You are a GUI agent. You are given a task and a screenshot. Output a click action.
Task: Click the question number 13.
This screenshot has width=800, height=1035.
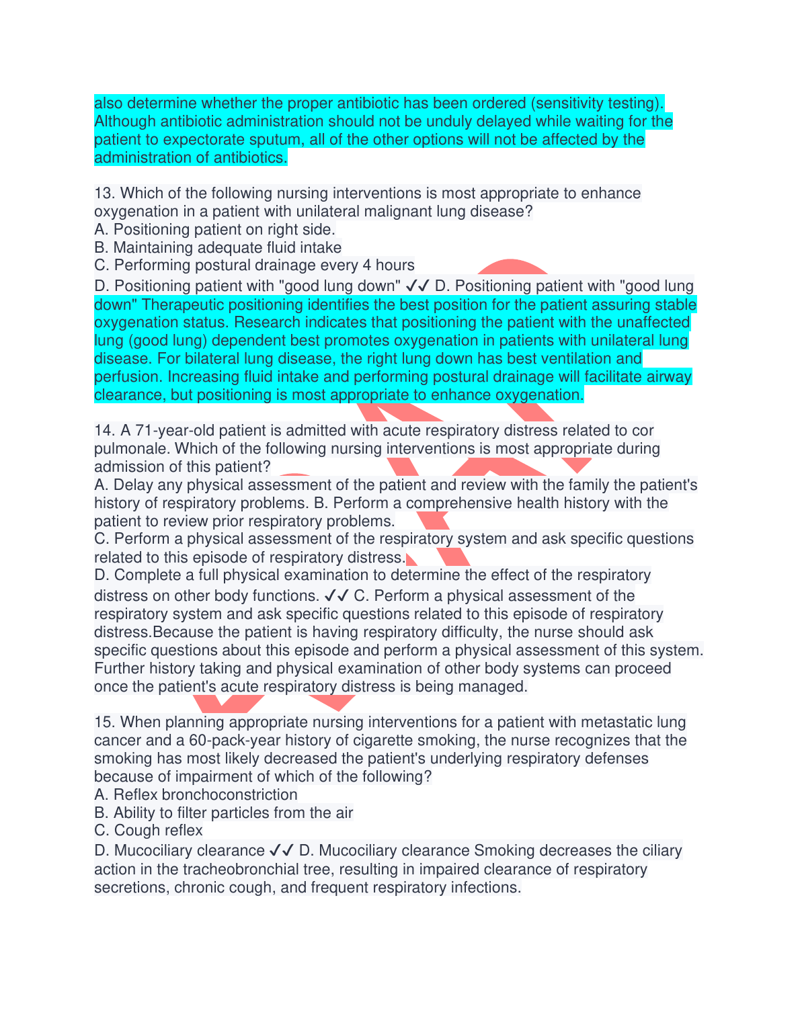[x=105, y=194]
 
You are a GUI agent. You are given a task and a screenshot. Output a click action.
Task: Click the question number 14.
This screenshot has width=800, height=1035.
[x=105, y=431]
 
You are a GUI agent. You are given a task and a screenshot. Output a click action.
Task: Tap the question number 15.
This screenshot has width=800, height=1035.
[x=105, y=722]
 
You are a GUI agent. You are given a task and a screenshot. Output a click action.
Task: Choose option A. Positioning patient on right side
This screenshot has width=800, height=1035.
[x=214, y=230]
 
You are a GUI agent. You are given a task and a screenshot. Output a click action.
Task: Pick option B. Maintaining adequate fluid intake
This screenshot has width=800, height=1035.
[x=218, y=248]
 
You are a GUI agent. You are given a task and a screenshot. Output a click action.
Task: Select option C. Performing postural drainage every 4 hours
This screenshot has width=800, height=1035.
[x=254, y=265]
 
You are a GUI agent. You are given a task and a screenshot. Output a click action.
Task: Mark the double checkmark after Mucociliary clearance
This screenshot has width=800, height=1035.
[x=281, y=851]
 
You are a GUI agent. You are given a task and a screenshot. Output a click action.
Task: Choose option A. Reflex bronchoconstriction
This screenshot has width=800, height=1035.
[x=196, y=795]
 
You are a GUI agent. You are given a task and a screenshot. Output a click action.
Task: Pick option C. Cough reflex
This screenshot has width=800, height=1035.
[x=148, y=831]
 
